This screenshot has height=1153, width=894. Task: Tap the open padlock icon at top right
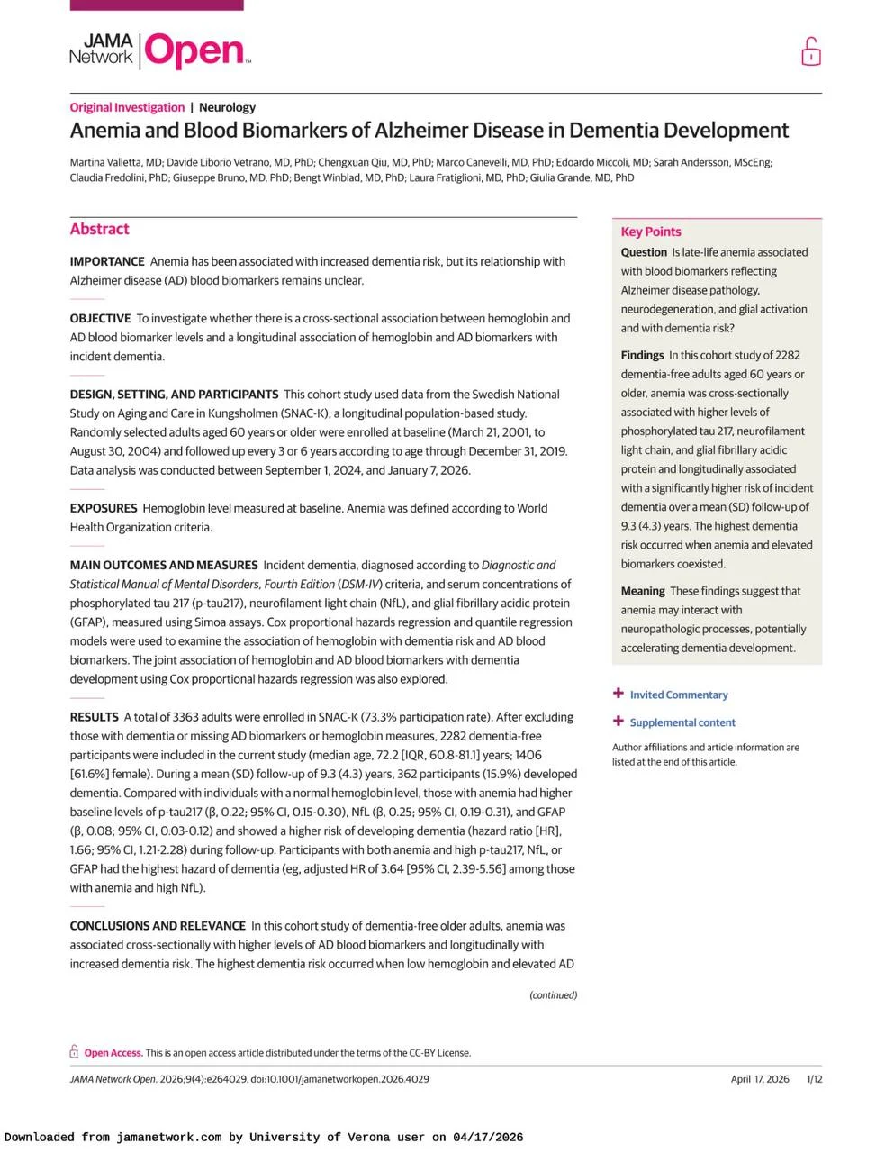(810, 52)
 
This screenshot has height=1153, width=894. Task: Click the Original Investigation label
(127, 107)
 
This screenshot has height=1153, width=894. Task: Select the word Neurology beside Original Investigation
(227, 107)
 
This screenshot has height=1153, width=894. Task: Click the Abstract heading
(99, 229)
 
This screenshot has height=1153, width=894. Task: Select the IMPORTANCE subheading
(107, 261)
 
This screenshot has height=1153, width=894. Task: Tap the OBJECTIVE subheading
(100, 318)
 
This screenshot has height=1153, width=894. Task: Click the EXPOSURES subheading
(104, 508)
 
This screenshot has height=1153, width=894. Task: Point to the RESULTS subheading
(94, 717)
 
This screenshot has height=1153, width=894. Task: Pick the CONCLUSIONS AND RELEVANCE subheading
(158, 926)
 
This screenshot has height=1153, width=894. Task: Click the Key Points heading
(650, 232)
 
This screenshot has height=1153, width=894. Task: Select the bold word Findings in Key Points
(642, 355)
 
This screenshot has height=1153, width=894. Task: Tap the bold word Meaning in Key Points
(643, 591)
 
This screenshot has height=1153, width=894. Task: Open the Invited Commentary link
(678, 695)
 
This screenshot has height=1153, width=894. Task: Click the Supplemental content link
(682, 722)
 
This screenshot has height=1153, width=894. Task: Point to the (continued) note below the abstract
(553, 995)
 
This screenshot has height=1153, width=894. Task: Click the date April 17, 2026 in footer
(759, 1079)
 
